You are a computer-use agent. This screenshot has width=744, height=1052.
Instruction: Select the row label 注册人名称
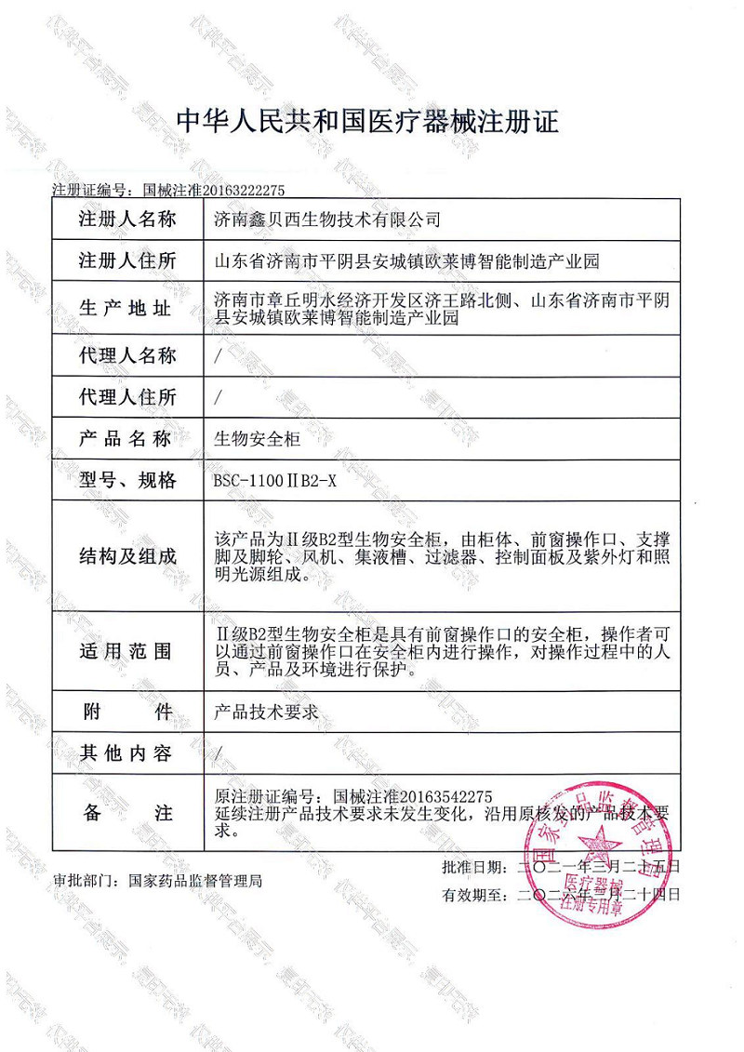tap(127, 220)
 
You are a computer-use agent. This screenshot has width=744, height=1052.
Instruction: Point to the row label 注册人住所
tap(127, 261)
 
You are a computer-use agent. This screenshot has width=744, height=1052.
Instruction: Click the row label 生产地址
tap(127, 309)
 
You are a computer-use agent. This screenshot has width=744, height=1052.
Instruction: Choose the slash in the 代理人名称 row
tap(218, 355)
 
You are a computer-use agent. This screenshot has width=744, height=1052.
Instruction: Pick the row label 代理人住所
tap(127, 397)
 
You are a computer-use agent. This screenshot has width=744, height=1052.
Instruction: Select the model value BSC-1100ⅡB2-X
tap(276, 481)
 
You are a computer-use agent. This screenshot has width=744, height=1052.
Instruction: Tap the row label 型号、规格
tap(127, 481)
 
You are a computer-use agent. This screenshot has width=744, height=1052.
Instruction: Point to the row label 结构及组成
tap(127, 556)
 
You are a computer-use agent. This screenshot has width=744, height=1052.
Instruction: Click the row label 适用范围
tap(127, 651)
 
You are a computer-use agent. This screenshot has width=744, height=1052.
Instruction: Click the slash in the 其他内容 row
tap(218, 753)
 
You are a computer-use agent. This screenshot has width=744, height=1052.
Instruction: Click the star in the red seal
tap(599, 840)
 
